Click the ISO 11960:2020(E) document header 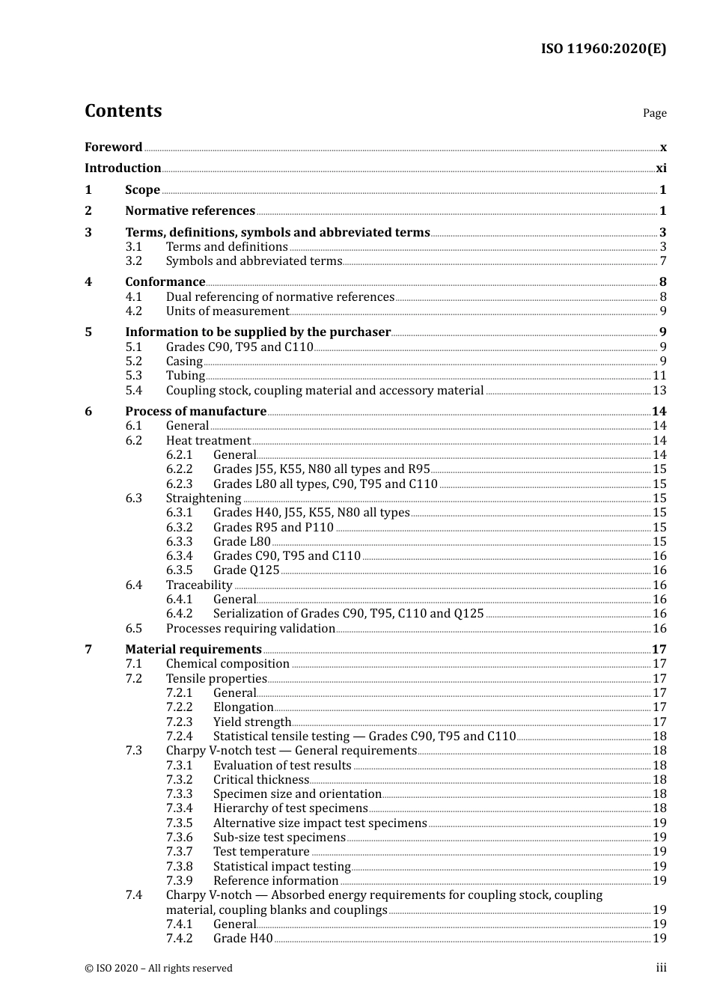coord(603,49)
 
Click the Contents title coord(123,111)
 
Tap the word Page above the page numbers coord(654,113)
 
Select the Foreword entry coord(113,147)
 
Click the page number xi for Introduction coord(661,168)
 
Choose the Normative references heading coord(190,211)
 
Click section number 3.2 coord(133,261)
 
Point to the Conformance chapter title coord(165,282)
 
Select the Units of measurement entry coord(227,311)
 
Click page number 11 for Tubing coord(659,376)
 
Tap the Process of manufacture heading coord(195,412)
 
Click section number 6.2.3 coord(179,484)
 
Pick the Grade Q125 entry coord(246,570)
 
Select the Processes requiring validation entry coord(250,629)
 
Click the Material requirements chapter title coord(193,650)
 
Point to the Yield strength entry coord(251,722)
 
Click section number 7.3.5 coord(179,823)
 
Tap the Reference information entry coord(275,881)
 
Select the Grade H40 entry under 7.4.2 coord(242,939)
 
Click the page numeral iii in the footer coord(661,968)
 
